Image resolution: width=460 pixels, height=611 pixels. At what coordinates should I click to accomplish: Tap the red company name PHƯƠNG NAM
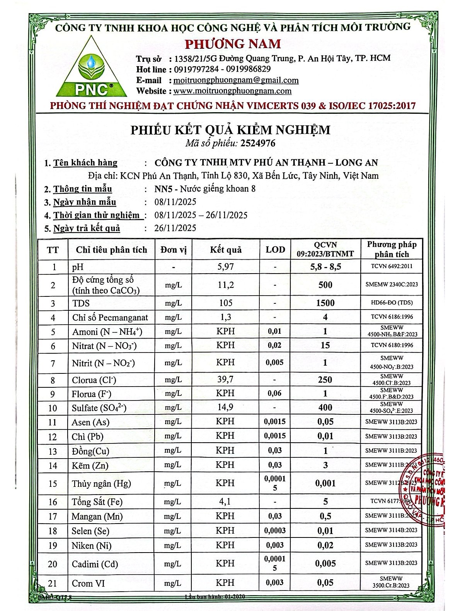[x=233, y=44]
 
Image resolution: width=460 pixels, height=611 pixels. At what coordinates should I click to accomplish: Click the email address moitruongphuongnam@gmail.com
[x=236, y=80]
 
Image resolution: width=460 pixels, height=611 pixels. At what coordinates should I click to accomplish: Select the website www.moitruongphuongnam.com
[x=232, y=91]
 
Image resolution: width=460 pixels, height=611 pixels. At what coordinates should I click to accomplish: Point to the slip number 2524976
[x=258, y=143]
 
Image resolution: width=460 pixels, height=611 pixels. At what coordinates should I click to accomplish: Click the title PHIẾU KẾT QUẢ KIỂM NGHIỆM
[x=230, y=129]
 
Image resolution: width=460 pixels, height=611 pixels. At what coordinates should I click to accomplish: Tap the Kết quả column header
[x=226, y=250]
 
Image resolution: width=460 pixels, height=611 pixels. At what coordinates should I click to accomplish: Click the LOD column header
[x=275, y=250]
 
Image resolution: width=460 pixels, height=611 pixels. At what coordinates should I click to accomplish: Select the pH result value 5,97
[x=226, y=267]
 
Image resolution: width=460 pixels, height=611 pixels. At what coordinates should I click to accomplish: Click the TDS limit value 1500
[x=325, y=303]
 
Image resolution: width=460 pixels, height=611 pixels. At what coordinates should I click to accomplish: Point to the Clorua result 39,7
[x=226, y=380]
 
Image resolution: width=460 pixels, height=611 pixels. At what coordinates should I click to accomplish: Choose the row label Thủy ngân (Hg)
[x=102, y=483]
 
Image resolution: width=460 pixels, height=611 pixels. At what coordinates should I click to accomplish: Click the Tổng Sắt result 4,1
[x=226, y=502]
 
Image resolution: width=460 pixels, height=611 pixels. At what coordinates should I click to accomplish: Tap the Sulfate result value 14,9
[x=226, y=407]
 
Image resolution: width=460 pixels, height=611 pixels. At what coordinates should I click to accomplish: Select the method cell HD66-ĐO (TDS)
[x=392, y=303]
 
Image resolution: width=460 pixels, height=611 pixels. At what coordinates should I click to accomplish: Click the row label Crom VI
[x=89, y=583]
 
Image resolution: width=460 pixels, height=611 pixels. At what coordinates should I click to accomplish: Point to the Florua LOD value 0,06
[x=275, y=394]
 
